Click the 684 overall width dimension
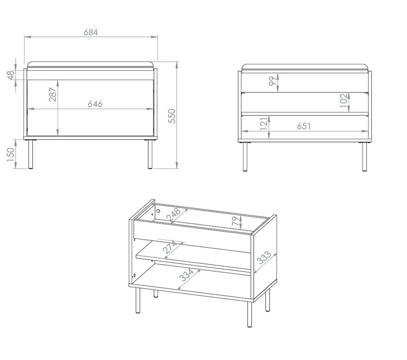click(91, 32)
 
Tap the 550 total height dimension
click(172, 116)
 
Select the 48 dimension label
click(11, 75)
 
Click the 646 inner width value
click(95, 104)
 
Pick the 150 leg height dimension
click(11, 154)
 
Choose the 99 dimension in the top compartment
click(273, 81)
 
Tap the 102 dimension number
click(344, 100)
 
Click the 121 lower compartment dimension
click(264, 123)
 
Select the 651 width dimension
click(304, 126)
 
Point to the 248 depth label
click(174, 215)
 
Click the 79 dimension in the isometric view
click(235, 221)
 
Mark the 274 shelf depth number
click(170, 247)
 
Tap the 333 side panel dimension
click(264, 258)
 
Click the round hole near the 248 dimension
click(158, 211)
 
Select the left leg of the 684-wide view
click(31, 154)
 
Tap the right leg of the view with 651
click(364, 157)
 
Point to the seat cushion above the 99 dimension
click(305, 67)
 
